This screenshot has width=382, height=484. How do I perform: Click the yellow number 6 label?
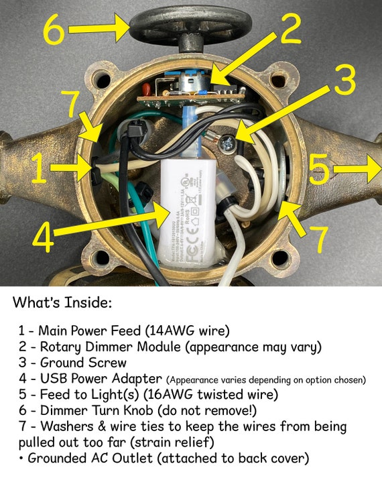[x=56, y=30]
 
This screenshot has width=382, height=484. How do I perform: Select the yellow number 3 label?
[x=343, y=82]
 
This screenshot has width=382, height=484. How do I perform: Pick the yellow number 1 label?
[x=40, y=169]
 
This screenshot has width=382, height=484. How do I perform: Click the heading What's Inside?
[x=62, y=303]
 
